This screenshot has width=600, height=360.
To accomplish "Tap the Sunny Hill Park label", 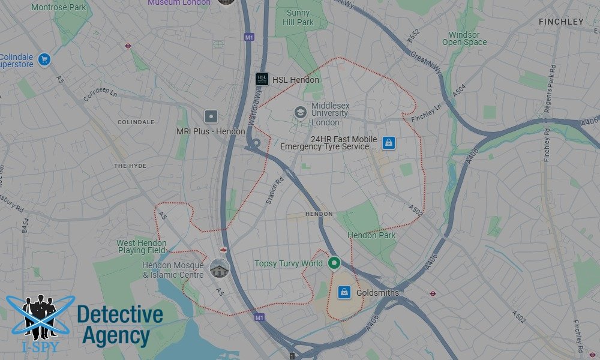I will (x=298, y=17).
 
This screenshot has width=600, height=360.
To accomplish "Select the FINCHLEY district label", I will (x=561, y=22).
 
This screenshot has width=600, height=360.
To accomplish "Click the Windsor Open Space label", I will (x=464, y=39).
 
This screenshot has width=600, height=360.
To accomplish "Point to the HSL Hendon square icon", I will (x=262, y=79).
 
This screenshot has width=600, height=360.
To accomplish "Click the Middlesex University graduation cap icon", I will (x=300, y=112).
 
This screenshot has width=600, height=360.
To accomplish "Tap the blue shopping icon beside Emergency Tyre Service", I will (x=389, y=143).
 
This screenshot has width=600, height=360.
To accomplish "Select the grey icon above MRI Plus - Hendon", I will (x=211, y=116).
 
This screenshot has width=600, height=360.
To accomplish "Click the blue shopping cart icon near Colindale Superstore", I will (x=43, y=59).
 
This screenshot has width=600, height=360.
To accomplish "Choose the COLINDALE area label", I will (x=136, y=122).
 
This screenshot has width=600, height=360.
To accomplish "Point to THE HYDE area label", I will (x=130, y=166).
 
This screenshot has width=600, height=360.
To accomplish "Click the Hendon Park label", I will (x=371, y=235).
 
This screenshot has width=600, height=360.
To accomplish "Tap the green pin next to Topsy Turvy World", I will (x=335, y=263).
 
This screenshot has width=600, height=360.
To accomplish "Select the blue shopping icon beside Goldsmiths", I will (x=344, y=292).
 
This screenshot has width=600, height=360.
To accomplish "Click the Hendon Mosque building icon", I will (x=220, y=268).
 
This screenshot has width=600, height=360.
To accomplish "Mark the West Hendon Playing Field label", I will (x=142, y=247).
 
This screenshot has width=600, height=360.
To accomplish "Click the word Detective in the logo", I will (x=120, y=314).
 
